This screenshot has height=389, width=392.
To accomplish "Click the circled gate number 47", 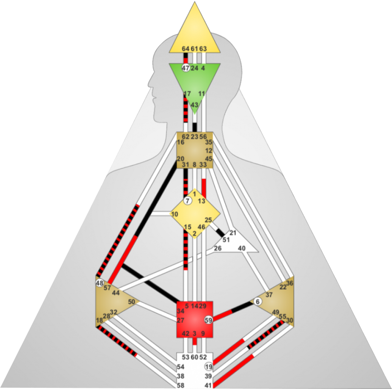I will (185, 68).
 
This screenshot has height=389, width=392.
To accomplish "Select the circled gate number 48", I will (100, 283).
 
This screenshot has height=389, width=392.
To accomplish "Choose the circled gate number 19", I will (209, 367).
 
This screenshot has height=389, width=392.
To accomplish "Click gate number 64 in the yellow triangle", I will (185, 49).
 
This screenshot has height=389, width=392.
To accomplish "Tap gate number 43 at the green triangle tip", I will (194, 105).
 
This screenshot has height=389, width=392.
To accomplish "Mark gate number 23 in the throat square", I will (194, 136).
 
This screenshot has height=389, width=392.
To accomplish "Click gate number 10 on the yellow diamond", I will (175, 214).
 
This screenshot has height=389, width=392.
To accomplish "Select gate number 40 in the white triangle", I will (242, 248).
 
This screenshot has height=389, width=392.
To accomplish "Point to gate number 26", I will (218, 248).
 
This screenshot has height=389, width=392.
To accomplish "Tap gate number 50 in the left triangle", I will (131, 302).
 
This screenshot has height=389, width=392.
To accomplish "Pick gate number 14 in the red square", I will (194, 306).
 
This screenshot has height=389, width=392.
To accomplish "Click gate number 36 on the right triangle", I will (290, 283).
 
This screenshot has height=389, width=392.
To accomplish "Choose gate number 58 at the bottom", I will (180, 385).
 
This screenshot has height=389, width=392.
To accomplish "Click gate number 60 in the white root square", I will (194, 357).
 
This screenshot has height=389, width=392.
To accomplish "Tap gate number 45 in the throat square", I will (209, 158).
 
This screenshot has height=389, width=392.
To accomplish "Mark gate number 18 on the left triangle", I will (99, 320).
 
